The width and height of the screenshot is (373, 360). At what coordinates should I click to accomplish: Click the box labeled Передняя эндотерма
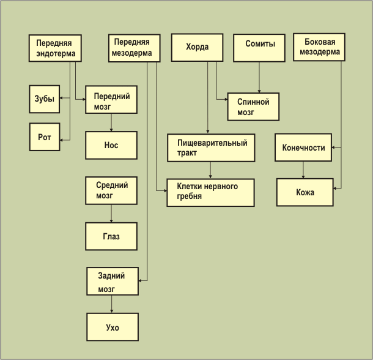point(56,48)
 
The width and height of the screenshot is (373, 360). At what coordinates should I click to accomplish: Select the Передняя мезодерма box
point(135,47)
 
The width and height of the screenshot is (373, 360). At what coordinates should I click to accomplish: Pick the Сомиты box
point(260,47)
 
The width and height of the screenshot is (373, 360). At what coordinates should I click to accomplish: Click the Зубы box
point(45,99)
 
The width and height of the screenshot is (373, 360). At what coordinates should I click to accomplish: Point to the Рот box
point(45,137)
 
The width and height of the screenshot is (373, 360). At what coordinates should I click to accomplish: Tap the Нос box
point(111,145)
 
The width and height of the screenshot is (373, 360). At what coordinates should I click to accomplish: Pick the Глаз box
point(111,236)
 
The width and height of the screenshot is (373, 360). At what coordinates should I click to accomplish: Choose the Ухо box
point(113,327)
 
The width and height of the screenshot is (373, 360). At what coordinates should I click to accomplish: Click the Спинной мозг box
point(253,106)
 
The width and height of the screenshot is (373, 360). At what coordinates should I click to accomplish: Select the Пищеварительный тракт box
point(210,148)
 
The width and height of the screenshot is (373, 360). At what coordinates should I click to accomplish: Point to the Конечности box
point(303,148)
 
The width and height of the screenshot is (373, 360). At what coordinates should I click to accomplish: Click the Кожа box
point(305,192)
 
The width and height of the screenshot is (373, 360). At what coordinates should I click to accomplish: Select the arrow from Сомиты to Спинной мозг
point(260,77)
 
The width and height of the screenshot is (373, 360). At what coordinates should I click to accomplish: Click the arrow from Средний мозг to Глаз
point(111,213)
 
